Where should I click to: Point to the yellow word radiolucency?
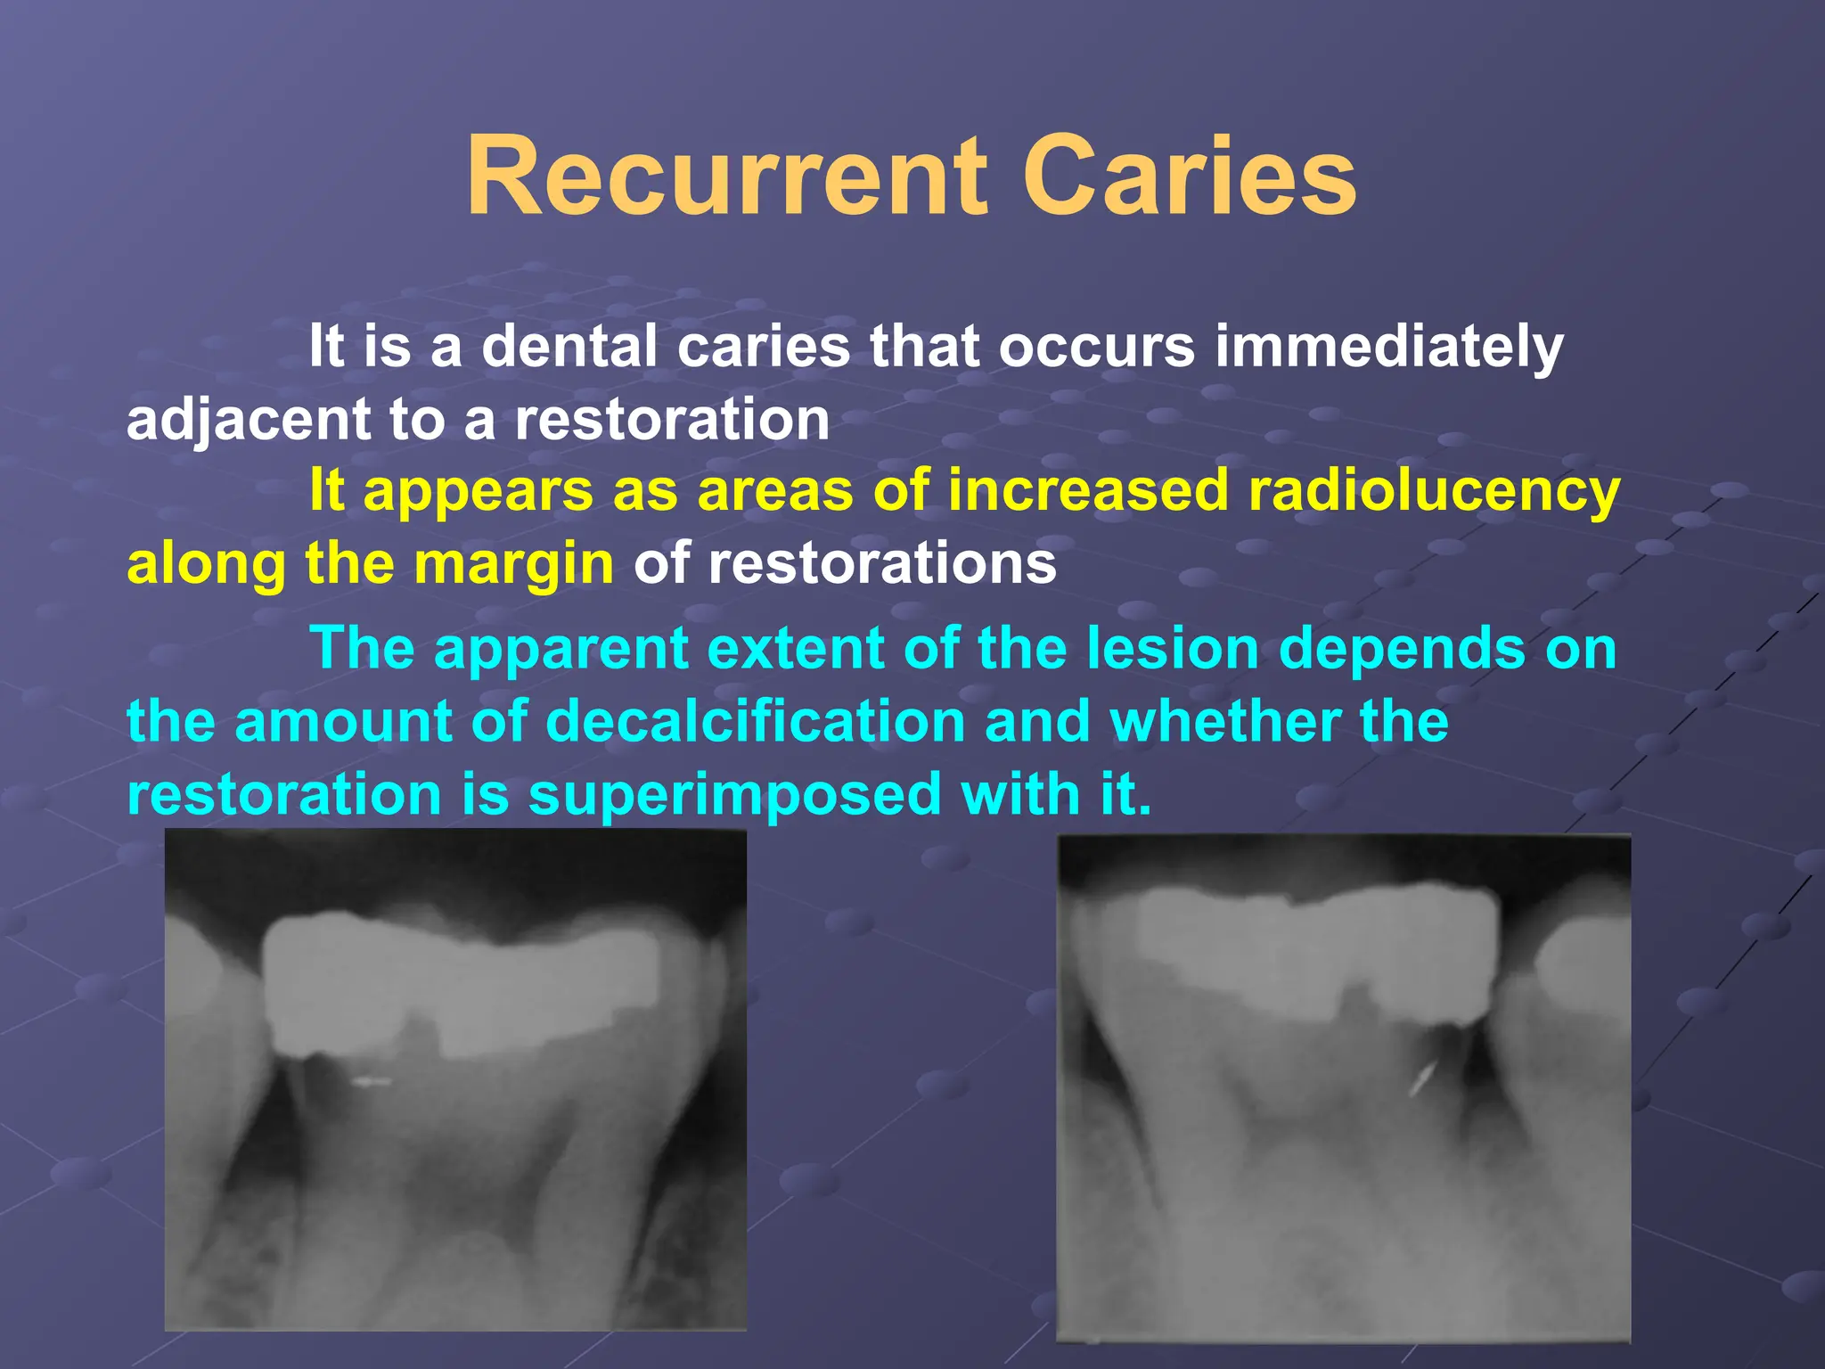[1434, 491]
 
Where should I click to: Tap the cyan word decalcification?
[756, 721]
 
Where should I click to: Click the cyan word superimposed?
[735, 794]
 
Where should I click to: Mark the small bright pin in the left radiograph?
[371, 1083]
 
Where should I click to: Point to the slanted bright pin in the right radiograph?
[1422, 1080]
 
